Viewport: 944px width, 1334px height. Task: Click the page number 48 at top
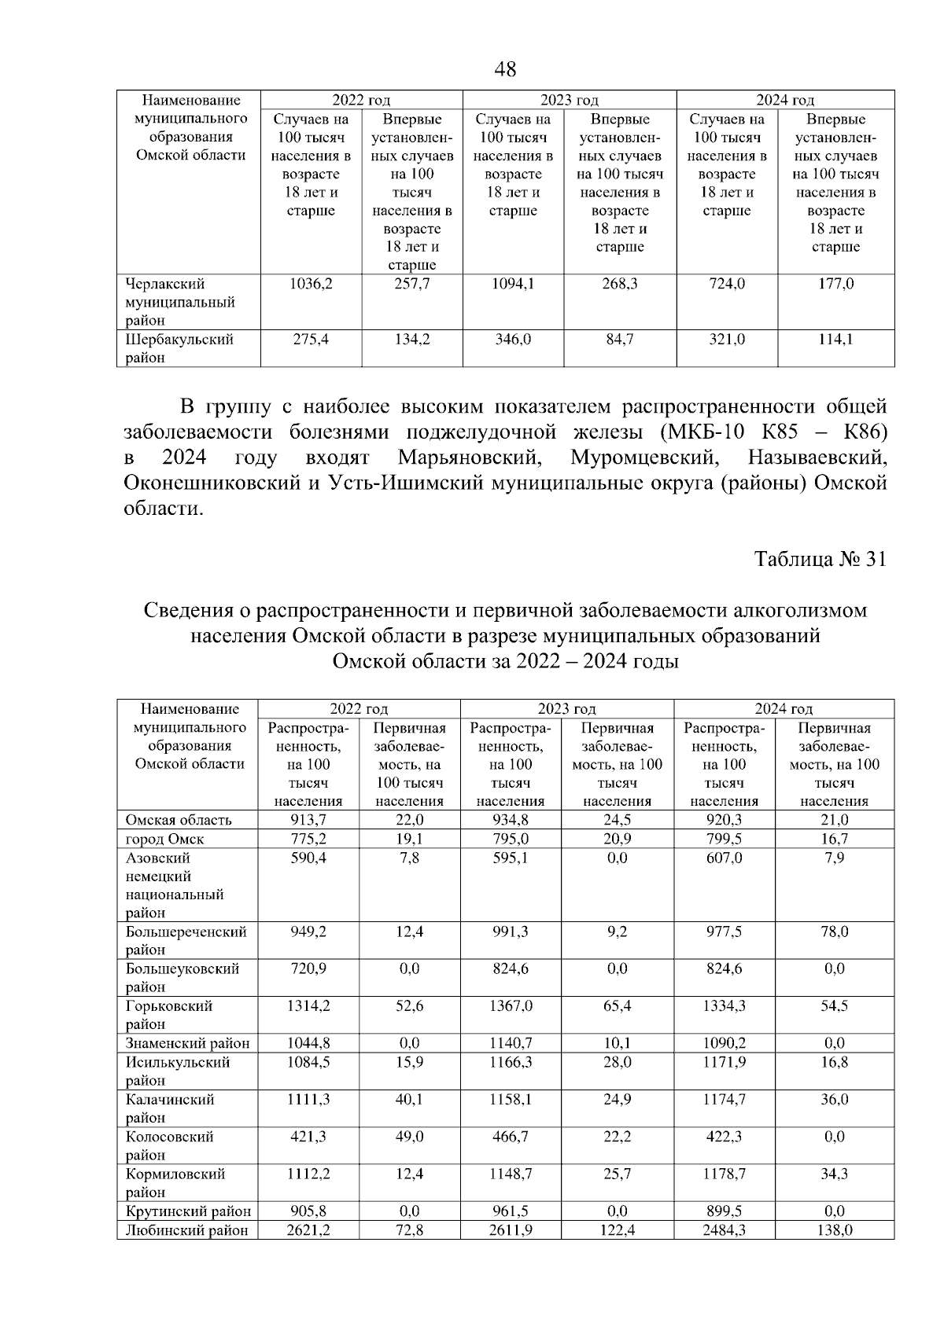(x=505, y=70)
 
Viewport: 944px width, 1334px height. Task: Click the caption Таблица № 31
(x=820, y=559)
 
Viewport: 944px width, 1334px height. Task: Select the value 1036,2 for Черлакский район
(x=312, y=284)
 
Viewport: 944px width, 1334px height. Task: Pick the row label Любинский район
(x=187, y=1230)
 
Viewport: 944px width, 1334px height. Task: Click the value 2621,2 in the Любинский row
(x=308, y=1230)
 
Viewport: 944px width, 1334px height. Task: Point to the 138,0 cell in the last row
(x=834, y=1230)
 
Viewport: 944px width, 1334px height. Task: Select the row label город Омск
(x=165, y=840)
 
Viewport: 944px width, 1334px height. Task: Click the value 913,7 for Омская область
(x=308, y=820)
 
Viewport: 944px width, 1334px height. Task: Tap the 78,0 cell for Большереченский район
(x=834, y=932)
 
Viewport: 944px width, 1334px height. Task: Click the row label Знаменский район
(x=187, y=1044)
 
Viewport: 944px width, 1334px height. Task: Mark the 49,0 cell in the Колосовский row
(x=409, y=1137)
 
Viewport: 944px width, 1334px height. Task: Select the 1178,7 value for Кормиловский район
(x=724, y=1174)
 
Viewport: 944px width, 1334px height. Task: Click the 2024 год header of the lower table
(x=784, y=709)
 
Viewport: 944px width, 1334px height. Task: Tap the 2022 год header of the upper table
(x=361, y=100)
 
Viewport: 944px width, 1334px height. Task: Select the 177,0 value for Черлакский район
(x=835, y=284)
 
